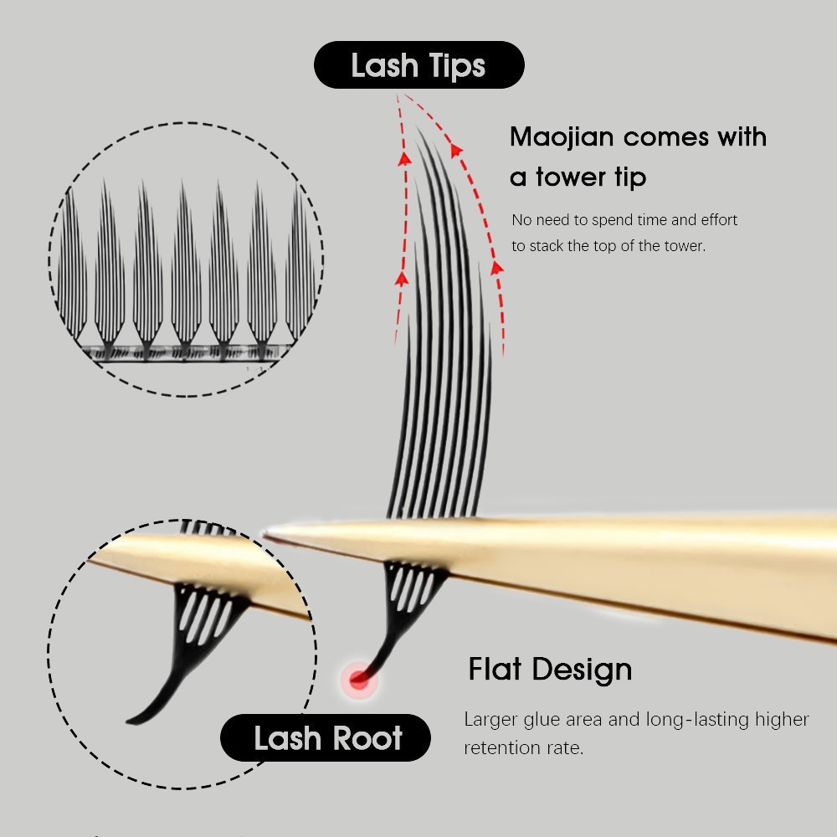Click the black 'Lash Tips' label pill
click(x=419, y=64)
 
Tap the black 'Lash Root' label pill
click(x=326, y=737)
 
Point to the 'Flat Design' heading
click(x=550, y=669)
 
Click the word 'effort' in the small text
click(x=719, y=219)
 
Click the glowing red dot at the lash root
click(x=359, y=680)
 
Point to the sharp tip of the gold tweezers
click(x=264, y=532)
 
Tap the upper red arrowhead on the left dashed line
click(x=404, y=158)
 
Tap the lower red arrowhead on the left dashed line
click(x=402, y=278)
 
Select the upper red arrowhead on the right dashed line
click(x=455, y=150)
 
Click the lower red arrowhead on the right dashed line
click(x=497, y=268)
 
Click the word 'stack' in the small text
click(x=547, y=245)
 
